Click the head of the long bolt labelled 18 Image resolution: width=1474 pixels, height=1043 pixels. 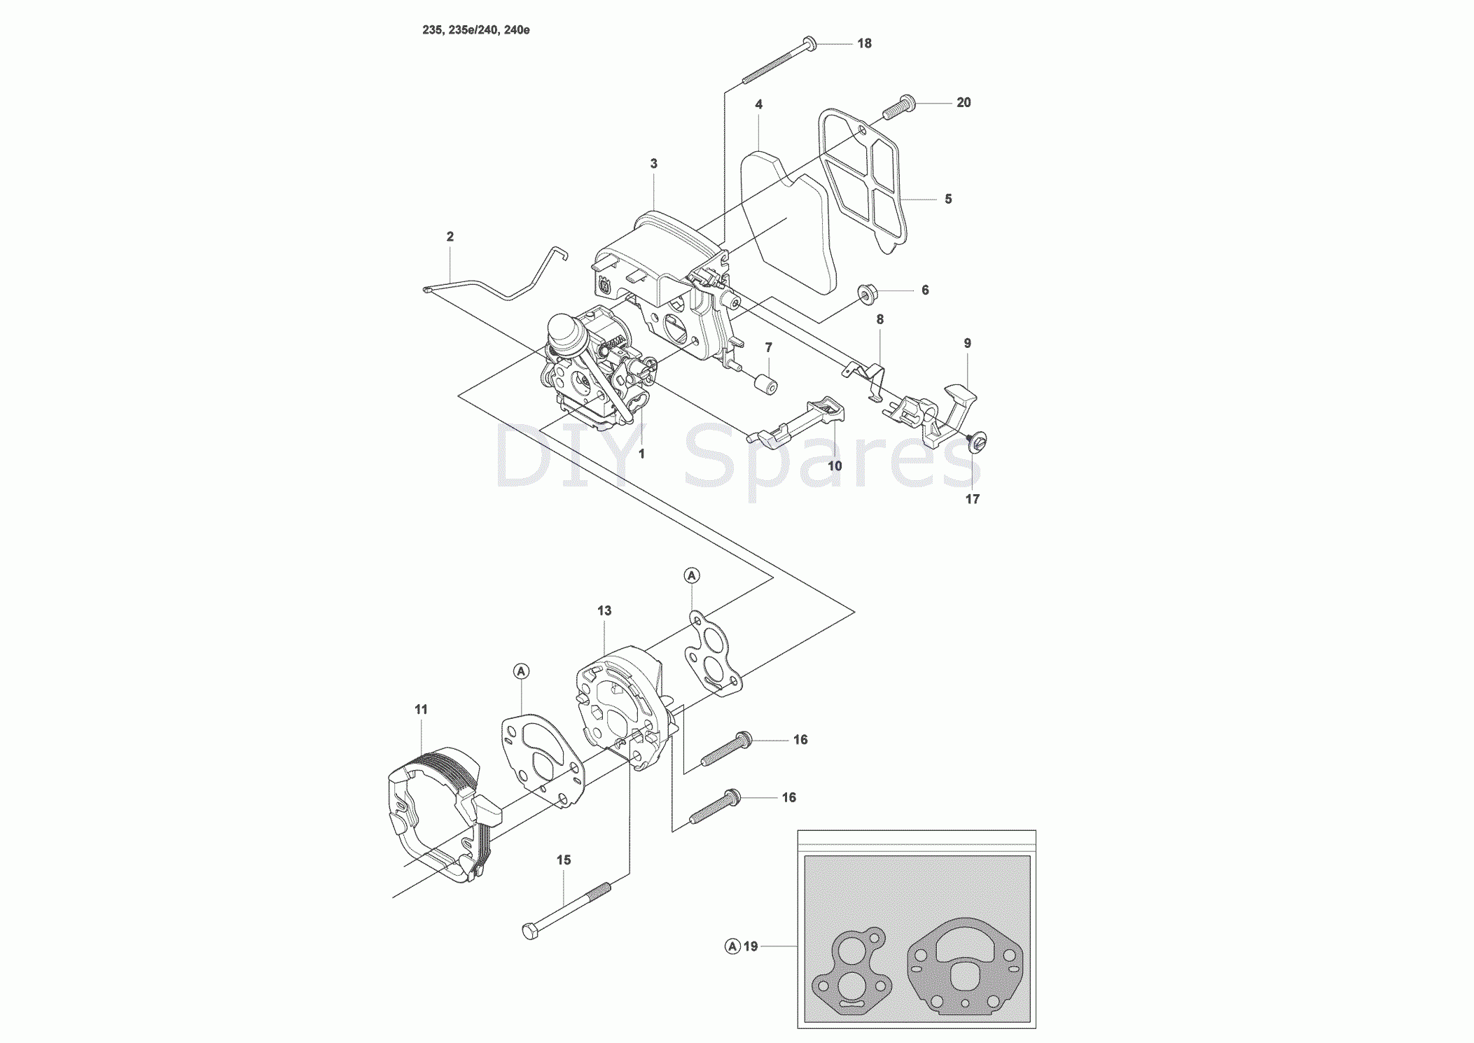[x=809, y=43]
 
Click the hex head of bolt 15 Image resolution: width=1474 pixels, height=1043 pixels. [x=531, y=931]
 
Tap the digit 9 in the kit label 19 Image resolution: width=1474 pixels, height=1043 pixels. [x=754, y=946]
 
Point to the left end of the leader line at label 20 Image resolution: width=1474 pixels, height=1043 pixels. [x=915, y=103]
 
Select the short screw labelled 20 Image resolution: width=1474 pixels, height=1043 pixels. [x=898, y=106]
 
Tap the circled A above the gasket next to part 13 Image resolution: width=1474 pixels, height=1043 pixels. [x=692, y=576]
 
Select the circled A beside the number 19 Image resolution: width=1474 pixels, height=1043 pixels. [x=732, y=946]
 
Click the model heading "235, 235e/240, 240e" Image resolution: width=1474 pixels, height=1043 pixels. [x=476, y=30]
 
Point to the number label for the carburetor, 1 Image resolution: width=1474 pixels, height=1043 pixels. [x=641, y=454]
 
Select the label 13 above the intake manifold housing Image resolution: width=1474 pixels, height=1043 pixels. [x=604, y=611]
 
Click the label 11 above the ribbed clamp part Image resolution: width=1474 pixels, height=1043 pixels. [x=421, y=710]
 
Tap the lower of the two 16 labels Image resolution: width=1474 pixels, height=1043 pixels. [x=789, y=798]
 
